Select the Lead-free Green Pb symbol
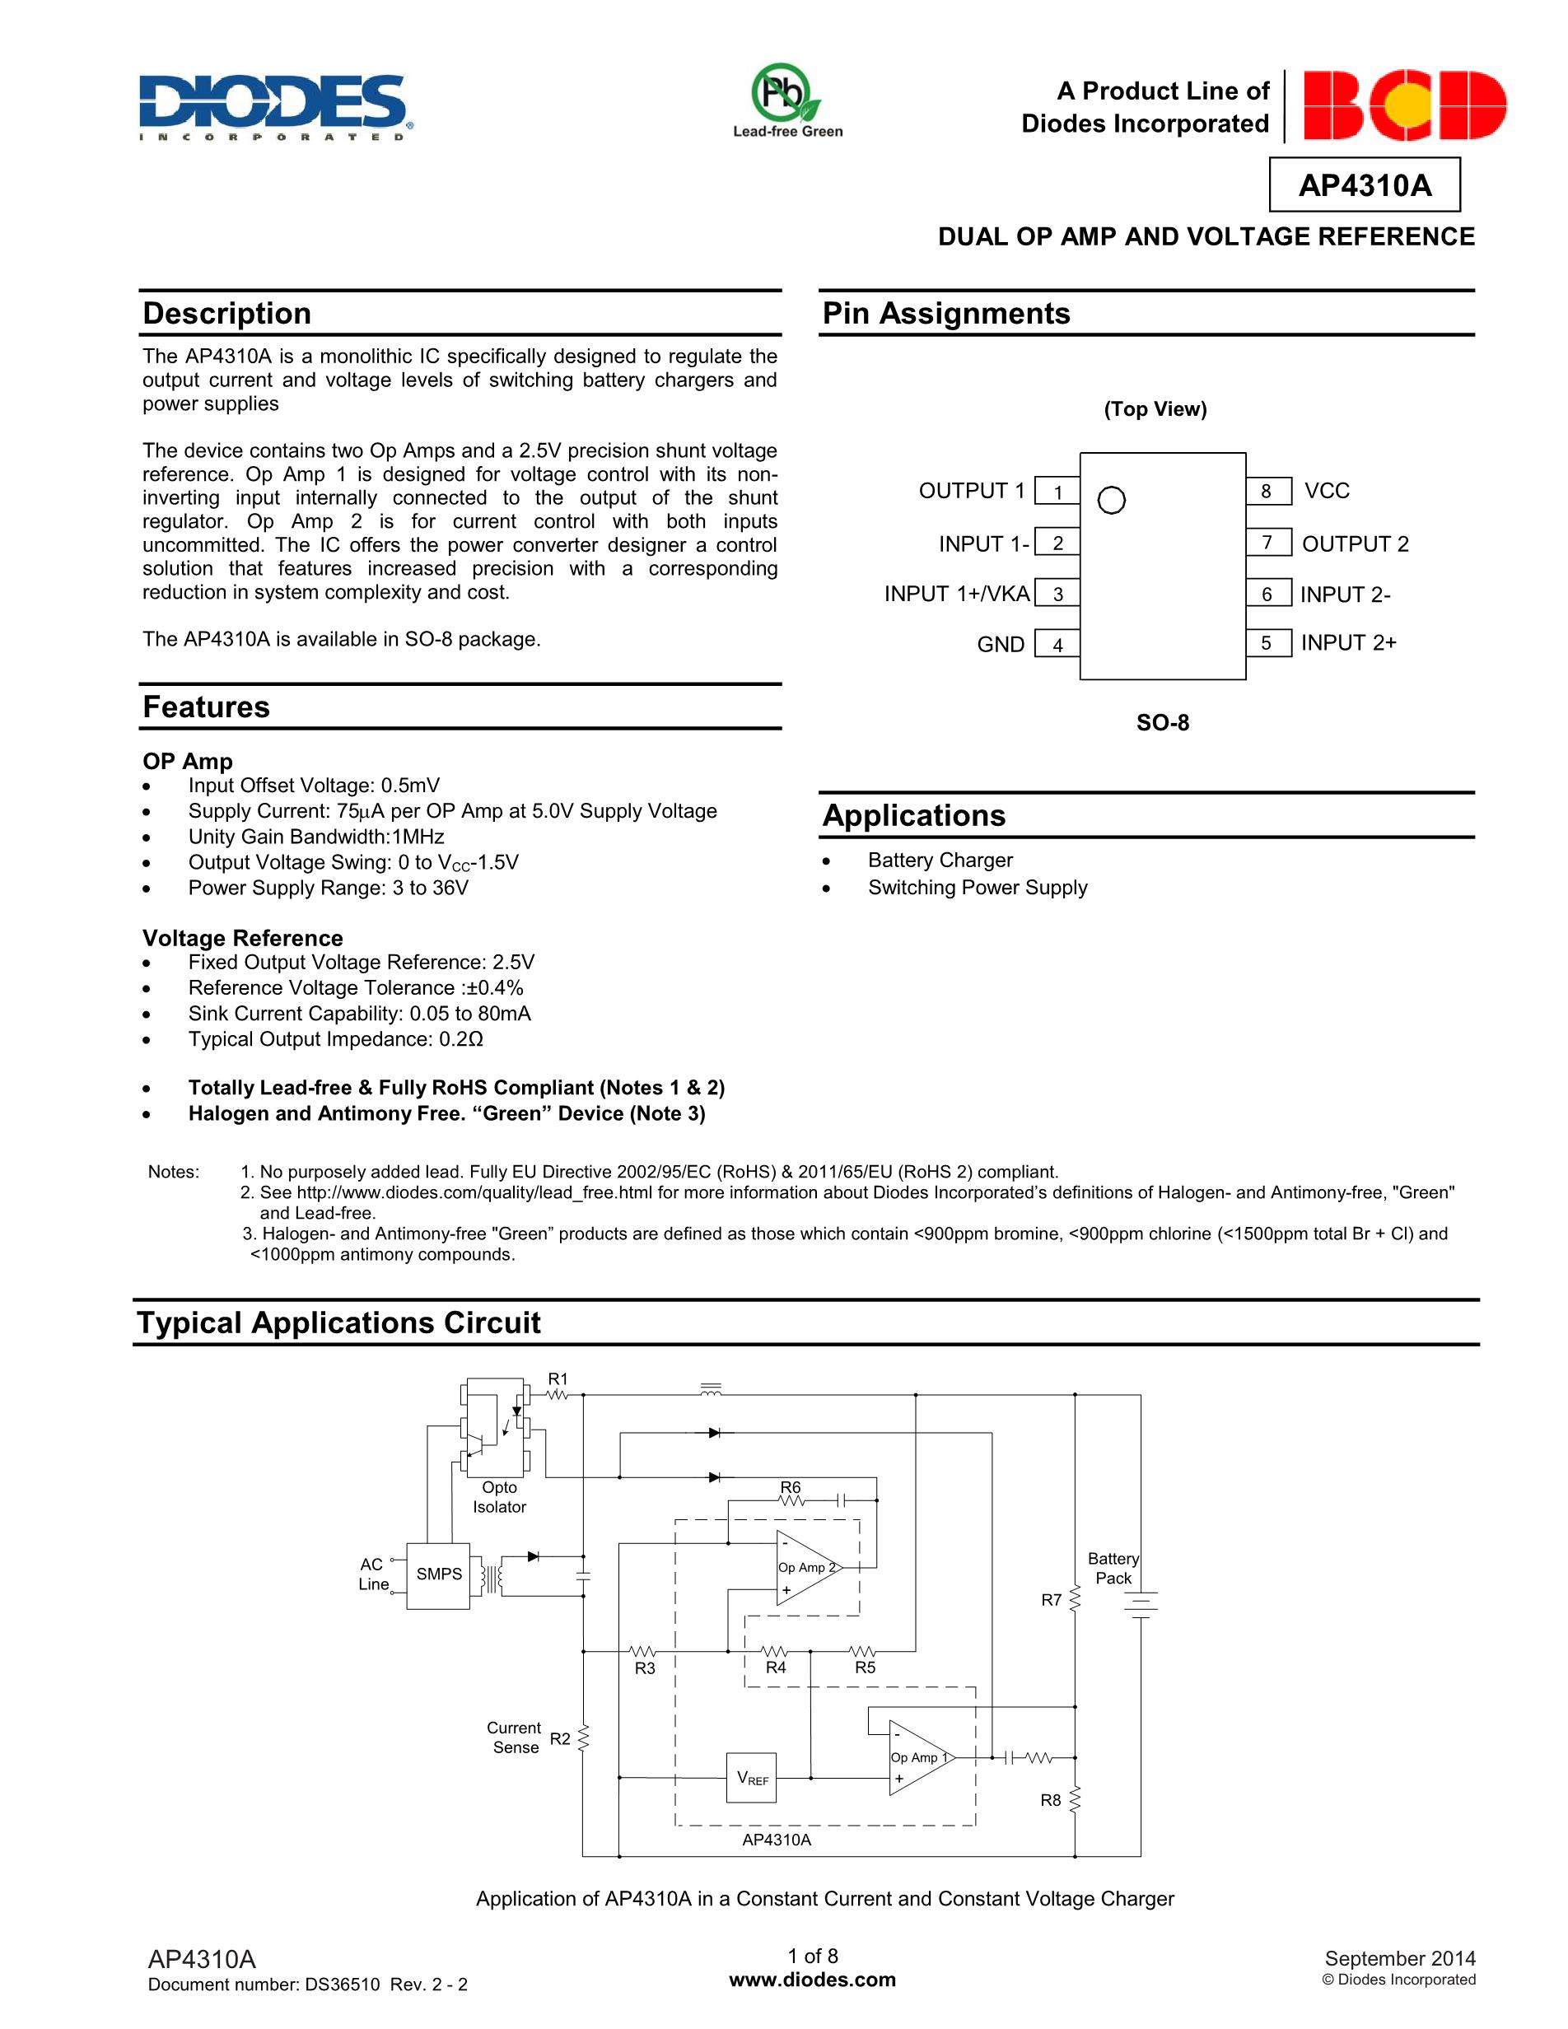click(786, 93)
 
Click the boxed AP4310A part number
click(1364, 186)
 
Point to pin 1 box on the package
click(1057, 492)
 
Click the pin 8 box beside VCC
click(1267, 491)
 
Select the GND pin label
click(1001, 645)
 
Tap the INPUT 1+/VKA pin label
click(956, 594)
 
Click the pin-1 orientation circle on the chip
click(1111, 501)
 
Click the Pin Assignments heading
click(945, 314)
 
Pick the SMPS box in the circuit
click(438, 1574)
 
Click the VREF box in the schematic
click(752, 1778)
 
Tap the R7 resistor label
click(1051, 1600)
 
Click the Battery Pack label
click(1113, 1568)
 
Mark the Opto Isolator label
click(499, 1497)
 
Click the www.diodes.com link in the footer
click(813, 1980)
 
